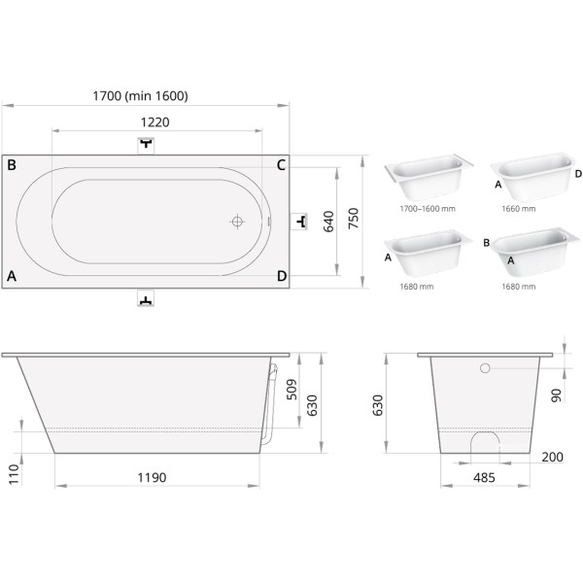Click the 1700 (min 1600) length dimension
point(140,96)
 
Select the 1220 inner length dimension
point(155,122)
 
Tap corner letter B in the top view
point(12,165)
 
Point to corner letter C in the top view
point(281,165)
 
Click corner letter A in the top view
point(12,276)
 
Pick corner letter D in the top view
point(282,276)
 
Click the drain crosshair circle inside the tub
point(237,222)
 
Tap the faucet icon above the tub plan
point(146,145)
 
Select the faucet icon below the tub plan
point(146,298)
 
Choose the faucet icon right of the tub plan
point(298,222)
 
